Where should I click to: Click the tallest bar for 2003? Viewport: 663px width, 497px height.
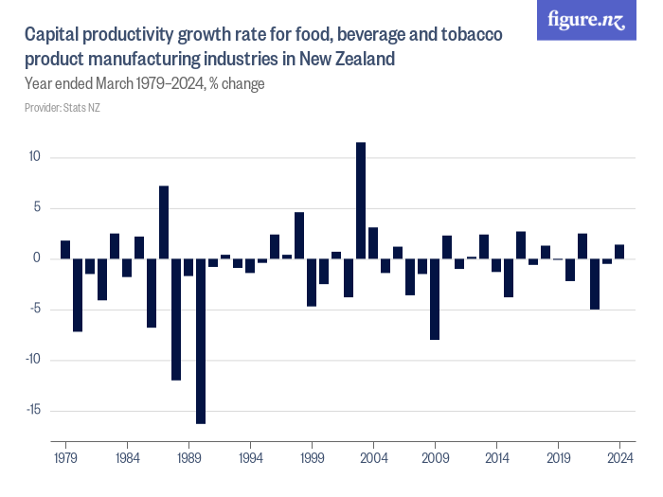point(361,200)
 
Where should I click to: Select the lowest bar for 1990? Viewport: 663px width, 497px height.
point(201,341)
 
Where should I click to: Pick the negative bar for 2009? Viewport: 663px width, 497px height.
point(435,298)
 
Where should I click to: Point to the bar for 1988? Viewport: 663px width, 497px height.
point(176,319)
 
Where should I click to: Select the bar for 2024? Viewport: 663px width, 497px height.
point(619,252)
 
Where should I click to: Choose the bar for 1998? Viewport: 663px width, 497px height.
point(299,236)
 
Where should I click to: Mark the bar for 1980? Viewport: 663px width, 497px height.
point(78,294)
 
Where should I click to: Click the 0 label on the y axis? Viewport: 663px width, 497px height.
point(37,258)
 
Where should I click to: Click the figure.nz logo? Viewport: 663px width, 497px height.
point(586,21)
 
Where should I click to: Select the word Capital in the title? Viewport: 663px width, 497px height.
point(53,36)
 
